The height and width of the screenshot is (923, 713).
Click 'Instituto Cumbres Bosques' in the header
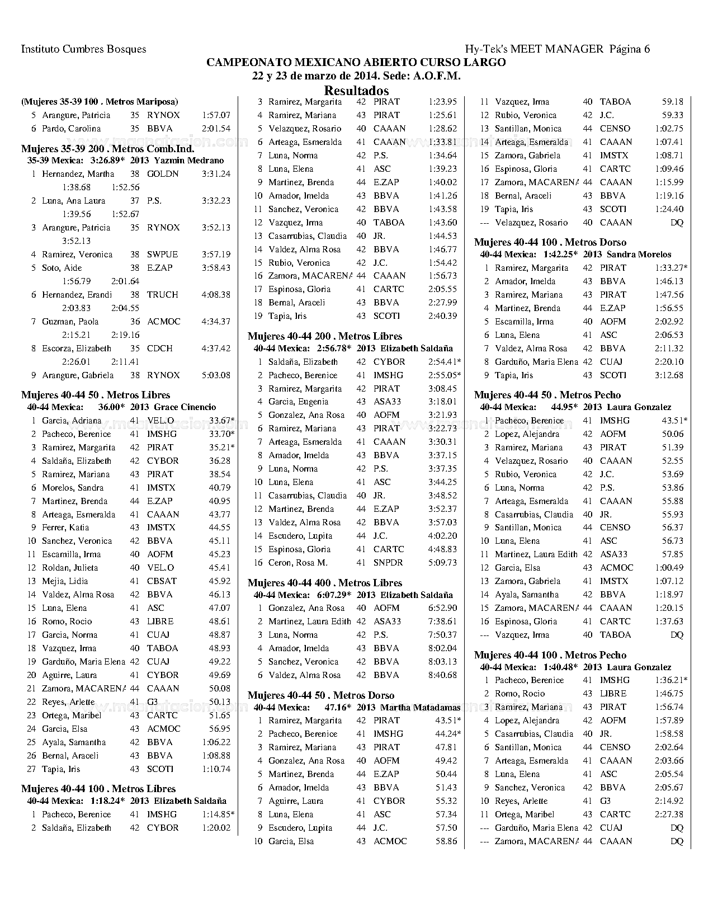point(83,49)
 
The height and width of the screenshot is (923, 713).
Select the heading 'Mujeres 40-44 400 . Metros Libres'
point(325,583)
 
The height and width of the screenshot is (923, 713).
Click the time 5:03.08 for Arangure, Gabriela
point(216,375)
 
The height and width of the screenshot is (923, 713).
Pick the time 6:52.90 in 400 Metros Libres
point(442,608)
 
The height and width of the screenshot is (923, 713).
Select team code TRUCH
point(163,295)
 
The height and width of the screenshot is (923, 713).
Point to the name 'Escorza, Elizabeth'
point(77,349)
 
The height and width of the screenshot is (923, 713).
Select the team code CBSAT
point(162,581)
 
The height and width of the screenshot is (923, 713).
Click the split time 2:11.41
point(125,362)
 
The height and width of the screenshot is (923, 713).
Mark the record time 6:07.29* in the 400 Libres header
point(334,595)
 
